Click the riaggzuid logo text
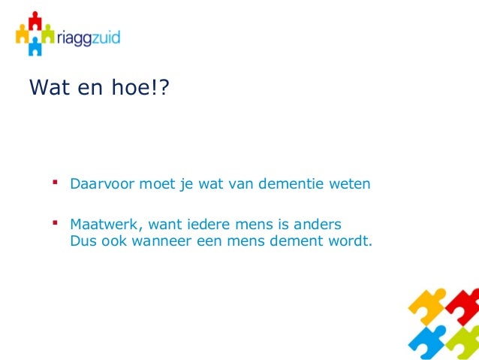coord(89,36)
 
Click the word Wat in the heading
coord(46,89)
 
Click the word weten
coord(348,184)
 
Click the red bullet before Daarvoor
coord(55,183)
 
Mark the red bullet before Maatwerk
coord(55,223)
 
